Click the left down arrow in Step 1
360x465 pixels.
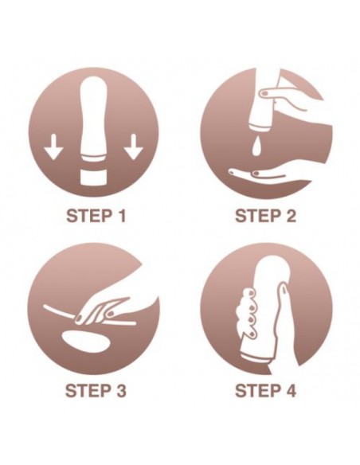click(53, 147)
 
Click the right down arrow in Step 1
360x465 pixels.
click(134, 147)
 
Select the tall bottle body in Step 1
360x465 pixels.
click(93, 119)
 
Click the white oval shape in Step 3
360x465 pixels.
click(86, 342)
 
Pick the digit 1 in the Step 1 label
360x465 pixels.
click(121, 216)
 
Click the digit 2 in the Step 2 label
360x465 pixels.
click(290, 216)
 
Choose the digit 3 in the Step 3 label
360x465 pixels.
click(120, 390)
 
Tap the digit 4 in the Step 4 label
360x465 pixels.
click(290, 390)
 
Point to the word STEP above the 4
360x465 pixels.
click(256, 390)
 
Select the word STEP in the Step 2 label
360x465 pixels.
click(257, 216)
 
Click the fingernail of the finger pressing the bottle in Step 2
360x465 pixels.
click(264, 94)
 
